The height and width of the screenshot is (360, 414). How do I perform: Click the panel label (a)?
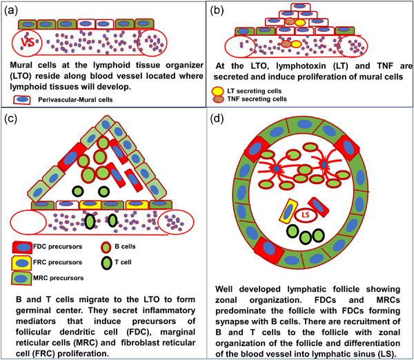point(12,10)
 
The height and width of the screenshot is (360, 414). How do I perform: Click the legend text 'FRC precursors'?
point(65,262)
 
